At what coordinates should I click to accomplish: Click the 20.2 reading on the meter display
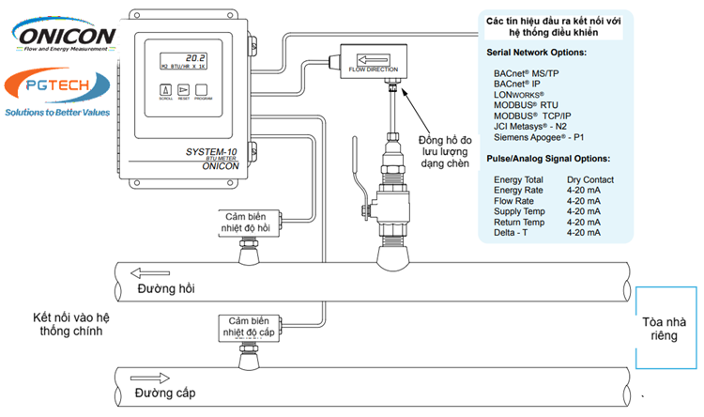point(194,56)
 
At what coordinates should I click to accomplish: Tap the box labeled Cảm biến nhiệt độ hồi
point(251,221)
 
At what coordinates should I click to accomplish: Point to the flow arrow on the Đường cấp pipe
point(151,377)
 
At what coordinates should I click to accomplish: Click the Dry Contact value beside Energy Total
point(590,179)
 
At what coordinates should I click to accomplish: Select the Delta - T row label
point(512,232)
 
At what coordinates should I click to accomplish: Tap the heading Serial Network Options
point(536,52)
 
